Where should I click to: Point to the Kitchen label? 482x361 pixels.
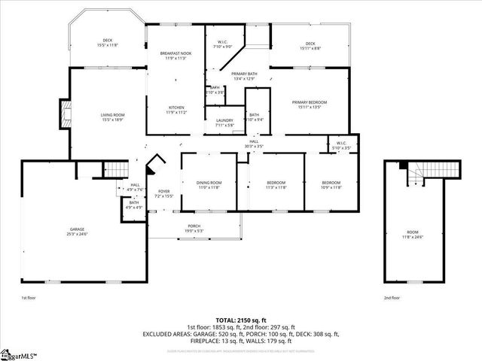(175, 110)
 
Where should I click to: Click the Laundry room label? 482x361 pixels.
(224, 123)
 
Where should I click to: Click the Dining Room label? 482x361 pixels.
(209, 185)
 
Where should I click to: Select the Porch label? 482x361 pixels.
(194, 228)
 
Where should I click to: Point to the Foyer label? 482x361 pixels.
(163, 193)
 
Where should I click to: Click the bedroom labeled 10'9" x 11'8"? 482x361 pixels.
(331, 185)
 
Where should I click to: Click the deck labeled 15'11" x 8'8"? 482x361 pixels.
(310, 46)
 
